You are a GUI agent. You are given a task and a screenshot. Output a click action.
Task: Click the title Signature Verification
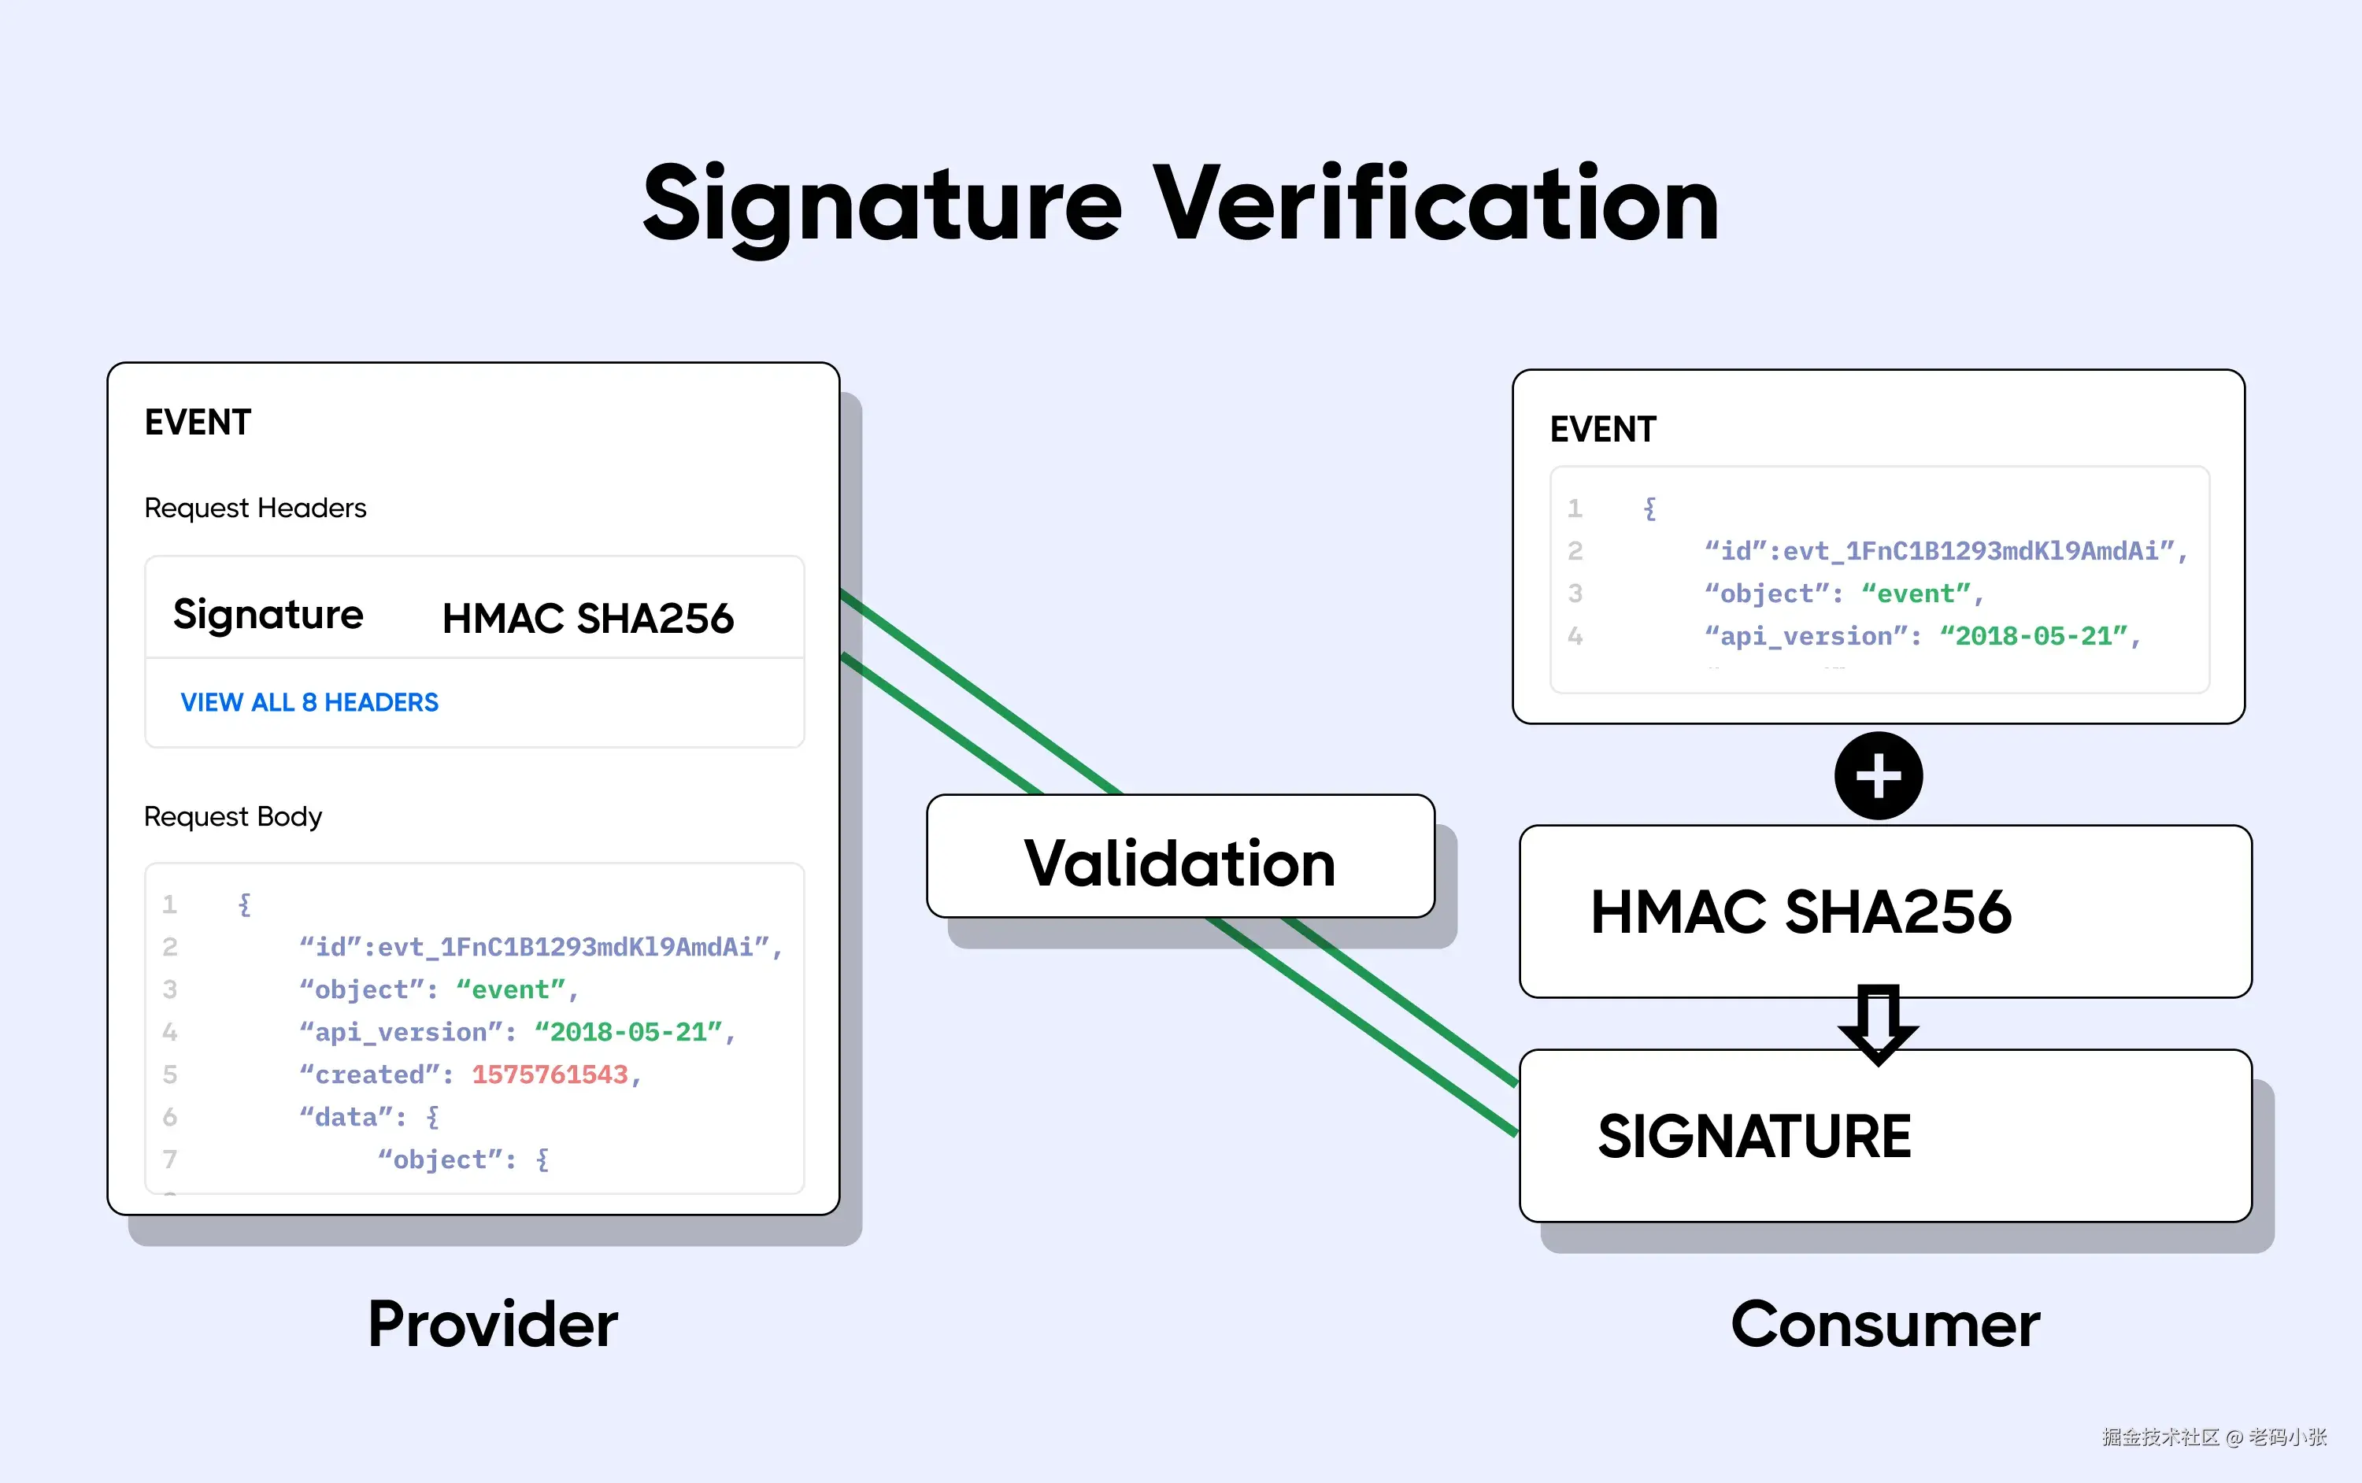click(x=1180, y=204)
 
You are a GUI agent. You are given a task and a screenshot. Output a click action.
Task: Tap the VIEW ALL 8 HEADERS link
click(x=309, y=702)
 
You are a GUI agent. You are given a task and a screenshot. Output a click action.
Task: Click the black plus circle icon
click(x=1878, y=776)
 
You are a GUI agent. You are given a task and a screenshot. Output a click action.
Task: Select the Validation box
click(x=1180, y=856)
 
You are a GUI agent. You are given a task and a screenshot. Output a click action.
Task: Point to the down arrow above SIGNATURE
click(x=1878, y=1024)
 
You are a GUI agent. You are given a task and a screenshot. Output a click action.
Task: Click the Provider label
click(x=492, y=1325)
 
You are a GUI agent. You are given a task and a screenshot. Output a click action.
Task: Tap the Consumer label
click(x=1884, y=1325)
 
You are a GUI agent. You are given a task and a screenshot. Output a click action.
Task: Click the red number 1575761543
click(x=550, y=1075)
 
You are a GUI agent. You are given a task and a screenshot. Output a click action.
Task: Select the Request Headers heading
click(x=255, y=508)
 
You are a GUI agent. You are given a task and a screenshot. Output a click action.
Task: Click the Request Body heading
click(x=232, y=816)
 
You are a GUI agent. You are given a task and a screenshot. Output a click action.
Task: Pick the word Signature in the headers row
click(x=268, y=615)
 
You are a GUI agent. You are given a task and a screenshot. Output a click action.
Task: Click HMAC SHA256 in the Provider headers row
click(x=587, y=619)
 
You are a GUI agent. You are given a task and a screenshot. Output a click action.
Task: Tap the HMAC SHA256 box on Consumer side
click(x=1800, y=912)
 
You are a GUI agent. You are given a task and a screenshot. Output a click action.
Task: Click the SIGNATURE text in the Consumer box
click(x=1754, y=1137)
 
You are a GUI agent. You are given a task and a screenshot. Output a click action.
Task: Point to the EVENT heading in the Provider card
click(x=198, y=423)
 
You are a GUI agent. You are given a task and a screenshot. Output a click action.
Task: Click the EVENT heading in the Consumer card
click(x=1603, y=430)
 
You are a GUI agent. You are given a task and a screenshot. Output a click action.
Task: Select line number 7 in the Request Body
click(x=170, y=1159)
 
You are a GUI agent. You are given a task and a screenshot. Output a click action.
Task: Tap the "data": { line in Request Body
click(x=368, y=1117)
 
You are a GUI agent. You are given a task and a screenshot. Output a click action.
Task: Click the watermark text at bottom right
click(x=2213, y=1437)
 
